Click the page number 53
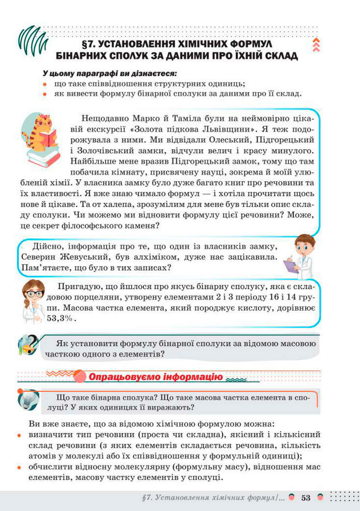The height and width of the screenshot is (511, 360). click(x=305, y=498)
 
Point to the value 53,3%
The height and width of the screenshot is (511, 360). click(x=61, y=319)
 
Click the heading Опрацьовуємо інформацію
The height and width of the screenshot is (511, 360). click(x=155, y=377)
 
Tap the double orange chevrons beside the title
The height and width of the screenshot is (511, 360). click(x=315, y=45)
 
